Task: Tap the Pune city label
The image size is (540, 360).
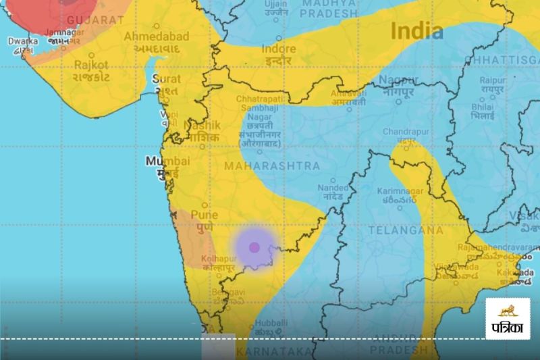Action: [x=204, y=215]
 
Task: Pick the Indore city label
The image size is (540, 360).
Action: [x=278, y=49]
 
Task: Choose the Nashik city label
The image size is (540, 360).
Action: [x=202, y=126]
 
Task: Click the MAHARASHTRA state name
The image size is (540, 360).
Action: [x=271, y=165]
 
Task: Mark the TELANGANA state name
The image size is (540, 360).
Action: [x=406, y=230]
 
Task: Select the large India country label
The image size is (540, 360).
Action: [x=417, y=30]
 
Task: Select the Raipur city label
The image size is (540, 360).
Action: [x=492, y=80]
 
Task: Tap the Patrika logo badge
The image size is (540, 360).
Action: [x=508, y=318]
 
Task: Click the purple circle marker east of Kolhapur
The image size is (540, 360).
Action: [x=254, y=247]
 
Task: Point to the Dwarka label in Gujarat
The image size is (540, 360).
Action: [x=23, y=41]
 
